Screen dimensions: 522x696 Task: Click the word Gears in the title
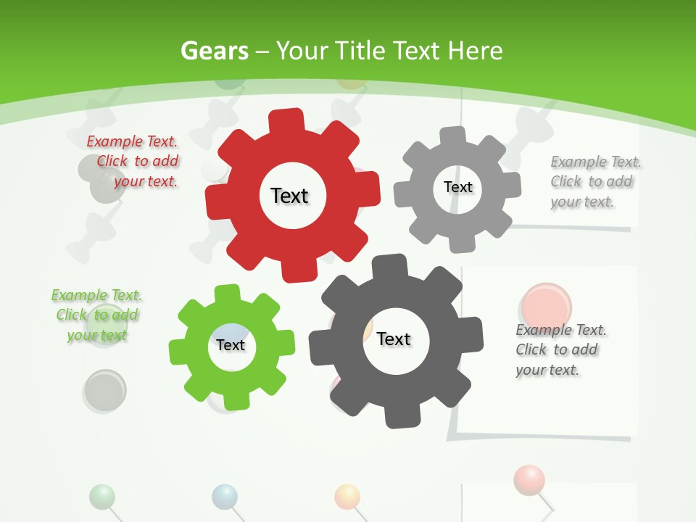215,51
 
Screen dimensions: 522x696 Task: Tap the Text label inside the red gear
289,196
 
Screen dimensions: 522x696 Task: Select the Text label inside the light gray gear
457,187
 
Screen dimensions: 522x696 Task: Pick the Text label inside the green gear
231,345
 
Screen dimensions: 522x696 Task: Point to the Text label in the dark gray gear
394,339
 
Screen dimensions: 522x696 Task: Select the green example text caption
97,315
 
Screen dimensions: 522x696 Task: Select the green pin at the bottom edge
102,497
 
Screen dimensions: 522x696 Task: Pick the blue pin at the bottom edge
225,496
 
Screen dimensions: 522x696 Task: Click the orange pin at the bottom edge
347,497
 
